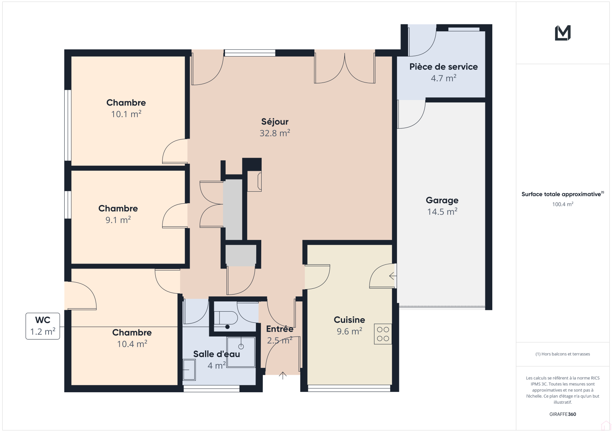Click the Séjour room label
(275, 122)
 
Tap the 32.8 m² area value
(275, 133)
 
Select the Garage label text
(442, 200)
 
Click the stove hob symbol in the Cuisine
(383, 334)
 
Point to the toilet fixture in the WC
(226, 318)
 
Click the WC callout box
(42, 326)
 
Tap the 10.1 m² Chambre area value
(126, 114)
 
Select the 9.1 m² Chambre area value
(118, 220)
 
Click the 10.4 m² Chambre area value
(132, 344)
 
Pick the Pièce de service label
(443, 66)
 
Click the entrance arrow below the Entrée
(283, 375)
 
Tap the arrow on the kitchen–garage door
(392, 276)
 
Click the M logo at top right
(563, 33)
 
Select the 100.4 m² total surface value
(563, 204)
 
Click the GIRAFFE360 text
(563, 414)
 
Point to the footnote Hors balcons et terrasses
(563, 354)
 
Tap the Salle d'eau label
(216, 354)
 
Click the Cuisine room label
(349, 320)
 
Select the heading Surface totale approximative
(561, 194)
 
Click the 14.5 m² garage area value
(442, 212)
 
